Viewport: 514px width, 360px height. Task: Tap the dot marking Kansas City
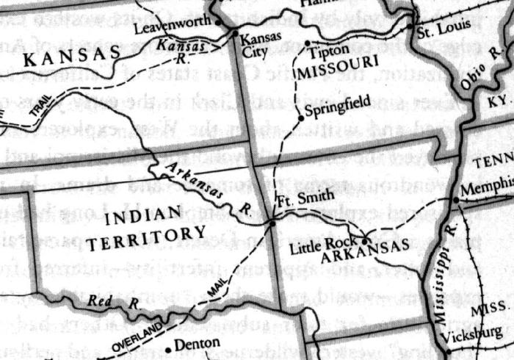234,33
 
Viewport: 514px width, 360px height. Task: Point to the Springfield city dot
300,118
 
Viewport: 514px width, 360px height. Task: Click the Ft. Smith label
298,199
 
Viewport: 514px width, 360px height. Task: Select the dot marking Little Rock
366,240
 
